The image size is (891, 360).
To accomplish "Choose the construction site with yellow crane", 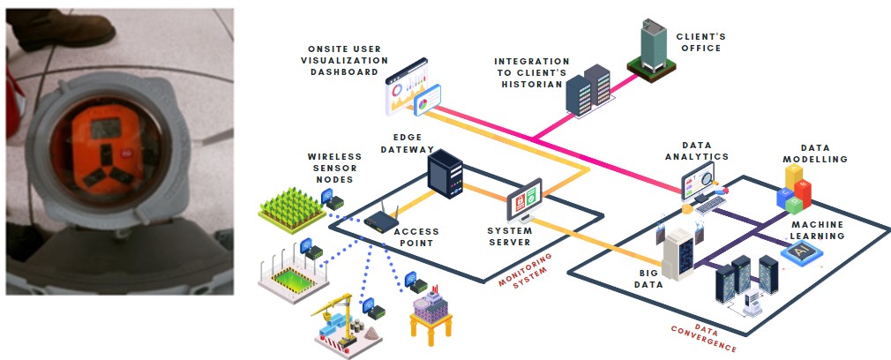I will click(x=345, y=326).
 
